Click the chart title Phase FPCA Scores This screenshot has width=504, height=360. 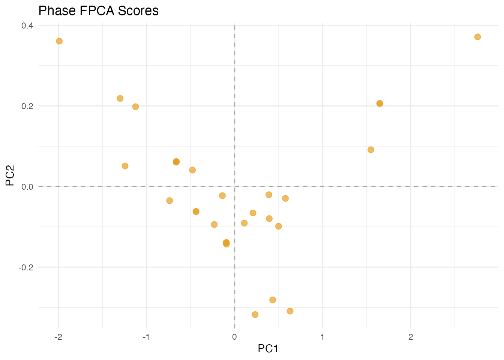[x=99, y=11]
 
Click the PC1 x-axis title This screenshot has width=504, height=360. [x=268, y=349]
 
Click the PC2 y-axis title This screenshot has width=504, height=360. [x=10, y=176]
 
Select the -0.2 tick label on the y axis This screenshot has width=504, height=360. [x=26, y=267]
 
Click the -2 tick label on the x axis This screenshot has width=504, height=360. [x=58, y=337]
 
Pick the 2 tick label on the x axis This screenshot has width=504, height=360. [x=411, y=337]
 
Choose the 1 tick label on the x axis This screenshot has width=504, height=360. [x=322, y=337]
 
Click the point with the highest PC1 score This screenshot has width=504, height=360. [x=477, y=37]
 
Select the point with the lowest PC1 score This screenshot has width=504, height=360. [x=59, y=41]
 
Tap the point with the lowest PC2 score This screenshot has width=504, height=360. [x=255, y=314]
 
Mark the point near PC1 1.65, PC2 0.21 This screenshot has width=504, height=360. [x=379, y=103]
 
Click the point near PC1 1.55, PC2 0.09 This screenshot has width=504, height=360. [x=371, y=150]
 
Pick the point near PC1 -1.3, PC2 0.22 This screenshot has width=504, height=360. [x=120, y=98]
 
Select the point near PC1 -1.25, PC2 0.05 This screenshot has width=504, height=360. [x=125, y=166]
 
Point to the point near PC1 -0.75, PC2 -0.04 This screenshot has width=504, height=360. [x=169, y=201]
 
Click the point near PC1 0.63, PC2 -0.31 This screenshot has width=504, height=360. [x=290, y=311]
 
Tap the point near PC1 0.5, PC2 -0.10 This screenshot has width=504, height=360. [x=278, y=226]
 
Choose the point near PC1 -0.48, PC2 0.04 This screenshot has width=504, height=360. [x=192, y=170]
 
